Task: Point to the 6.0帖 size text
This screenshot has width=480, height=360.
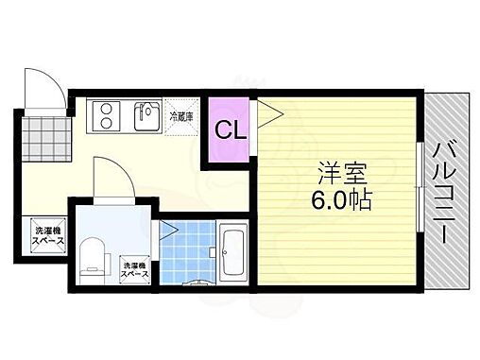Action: click(342, 200)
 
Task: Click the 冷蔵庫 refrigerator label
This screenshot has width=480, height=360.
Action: click(180, 117)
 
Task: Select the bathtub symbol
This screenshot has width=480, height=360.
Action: click(232, 253)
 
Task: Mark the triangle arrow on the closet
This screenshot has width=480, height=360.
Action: click(267, 115)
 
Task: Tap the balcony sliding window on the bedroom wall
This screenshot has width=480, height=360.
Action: click(419, 190)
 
